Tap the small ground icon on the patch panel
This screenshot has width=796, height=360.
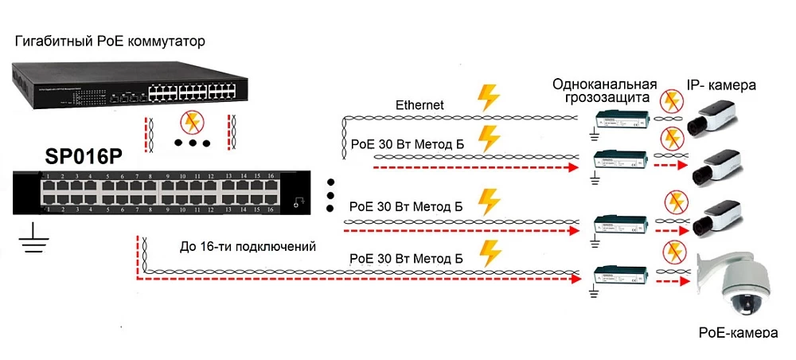coord(299,202)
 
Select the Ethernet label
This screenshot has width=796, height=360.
coord(420,105)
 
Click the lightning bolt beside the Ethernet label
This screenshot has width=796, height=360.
coord(487,97)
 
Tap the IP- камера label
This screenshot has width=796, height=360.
coord(721,85)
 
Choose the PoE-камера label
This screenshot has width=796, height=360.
coord(737,333)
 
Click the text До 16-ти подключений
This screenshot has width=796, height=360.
coord(248,247)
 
